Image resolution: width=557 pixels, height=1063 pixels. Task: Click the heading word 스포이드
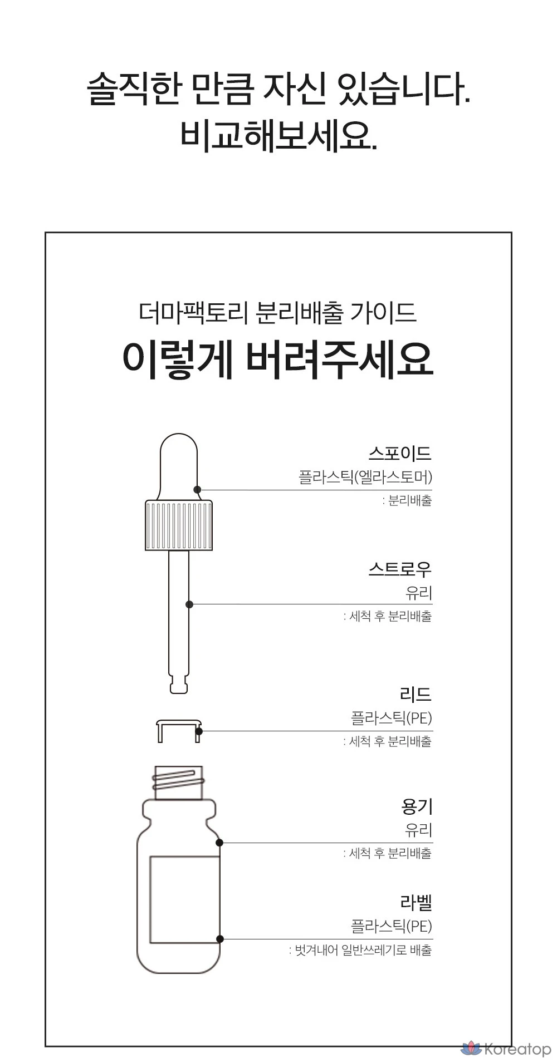click(400, 453)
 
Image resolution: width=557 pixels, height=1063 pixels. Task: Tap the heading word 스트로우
click(400, 569)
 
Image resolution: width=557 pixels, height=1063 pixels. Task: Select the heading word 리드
click(416, 694)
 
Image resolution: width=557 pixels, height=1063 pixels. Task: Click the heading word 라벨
click(416, 902)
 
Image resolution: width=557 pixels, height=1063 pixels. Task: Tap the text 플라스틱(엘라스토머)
click(365, 478)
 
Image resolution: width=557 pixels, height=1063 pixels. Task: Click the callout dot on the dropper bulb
click(197, 490)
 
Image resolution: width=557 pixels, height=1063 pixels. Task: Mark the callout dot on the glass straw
click(189, 604)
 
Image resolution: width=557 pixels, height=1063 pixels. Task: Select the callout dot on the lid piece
click(199, 731)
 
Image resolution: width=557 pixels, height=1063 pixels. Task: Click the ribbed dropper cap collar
click(179, 525)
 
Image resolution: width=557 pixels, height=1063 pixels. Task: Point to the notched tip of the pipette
click(179, 683)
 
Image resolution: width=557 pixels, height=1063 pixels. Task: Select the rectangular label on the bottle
click(185, 899)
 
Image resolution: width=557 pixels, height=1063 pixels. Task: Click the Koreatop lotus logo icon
click(471, 1048)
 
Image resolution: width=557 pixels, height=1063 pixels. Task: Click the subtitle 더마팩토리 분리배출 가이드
click(277, 313)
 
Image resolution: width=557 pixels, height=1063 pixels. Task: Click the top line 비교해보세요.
click(278, 134)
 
